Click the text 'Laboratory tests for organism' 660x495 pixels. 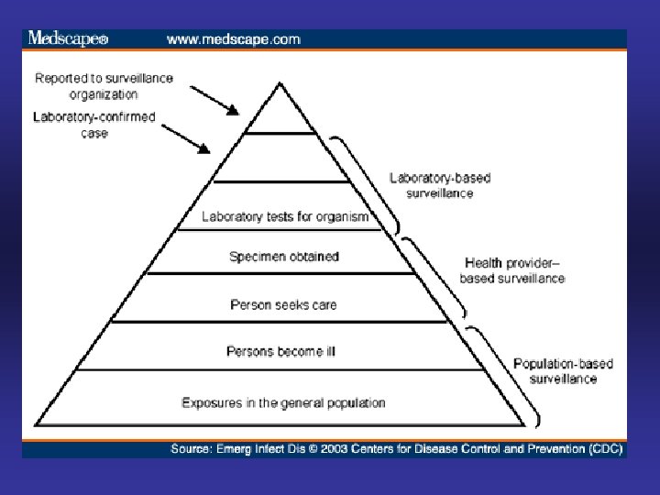tap(285, 217)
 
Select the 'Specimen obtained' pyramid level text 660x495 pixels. tap(283, 257)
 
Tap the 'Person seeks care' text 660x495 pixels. tap(283, 303)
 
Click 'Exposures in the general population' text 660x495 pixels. tap(283, 402)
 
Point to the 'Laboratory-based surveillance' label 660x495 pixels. tap(432, 185)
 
